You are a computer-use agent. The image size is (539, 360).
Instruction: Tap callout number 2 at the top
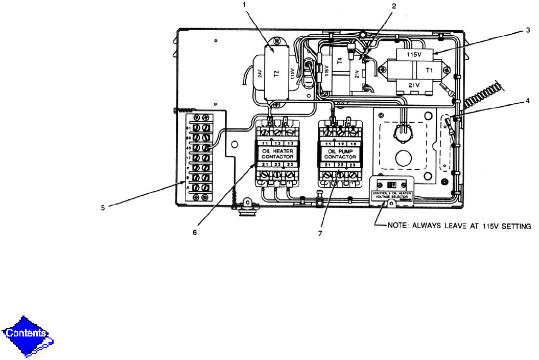coord(393,6)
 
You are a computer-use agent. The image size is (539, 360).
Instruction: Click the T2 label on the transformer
coord(276,73)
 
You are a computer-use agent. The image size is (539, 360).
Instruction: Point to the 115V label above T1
coord(415,54)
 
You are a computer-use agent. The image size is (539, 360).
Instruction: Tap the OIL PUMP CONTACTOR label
coord(339,153)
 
